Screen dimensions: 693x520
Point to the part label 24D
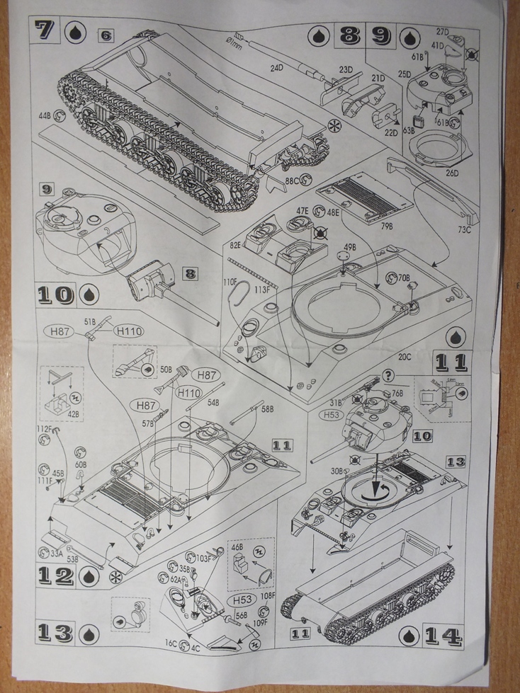[x=276, y=68]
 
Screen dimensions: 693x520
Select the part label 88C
[x=293, y=181]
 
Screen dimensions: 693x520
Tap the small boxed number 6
[x=106, y=35]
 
